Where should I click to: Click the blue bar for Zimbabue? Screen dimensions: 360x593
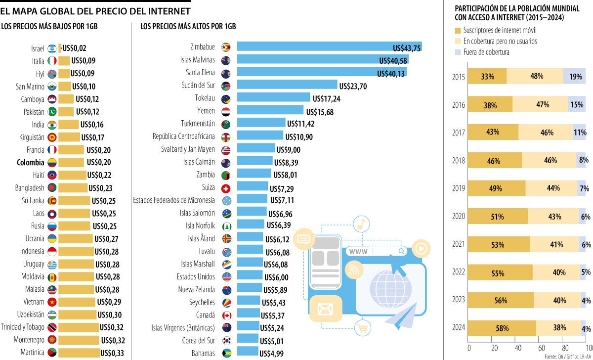(x=329, y=47)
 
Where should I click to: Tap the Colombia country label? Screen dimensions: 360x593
(x=30, y=162)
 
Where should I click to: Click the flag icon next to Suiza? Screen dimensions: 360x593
(x=226, y=188)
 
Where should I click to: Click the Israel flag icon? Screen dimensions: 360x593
(x=52, y=48)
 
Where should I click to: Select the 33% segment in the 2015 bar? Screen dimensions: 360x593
(x=487, y=76)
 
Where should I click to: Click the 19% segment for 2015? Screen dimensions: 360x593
(x=575, y=76)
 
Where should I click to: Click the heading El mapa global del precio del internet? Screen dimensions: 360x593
(x=95, y=10)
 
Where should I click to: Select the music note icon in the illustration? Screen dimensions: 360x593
(x=362, y=224)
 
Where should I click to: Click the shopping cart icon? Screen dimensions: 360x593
(x=362, y=327)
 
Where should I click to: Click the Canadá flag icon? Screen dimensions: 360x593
(x=226, y=315)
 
